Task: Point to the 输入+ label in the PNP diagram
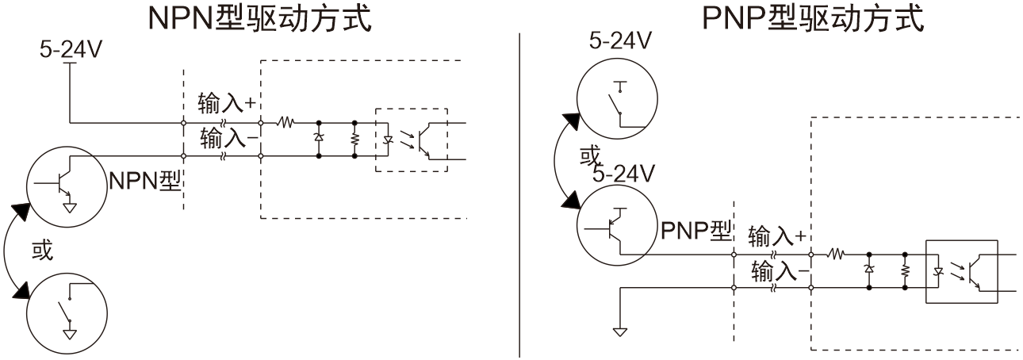point(778,235)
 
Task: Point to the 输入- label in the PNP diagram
point(778,273)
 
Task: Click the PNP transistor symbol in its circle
point(615,231)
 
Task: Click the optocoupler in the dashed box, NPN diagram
point(410,139)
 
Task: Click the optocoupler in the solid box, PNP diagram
point(962,271)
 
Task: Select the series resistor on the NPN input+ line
point(285,123)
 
